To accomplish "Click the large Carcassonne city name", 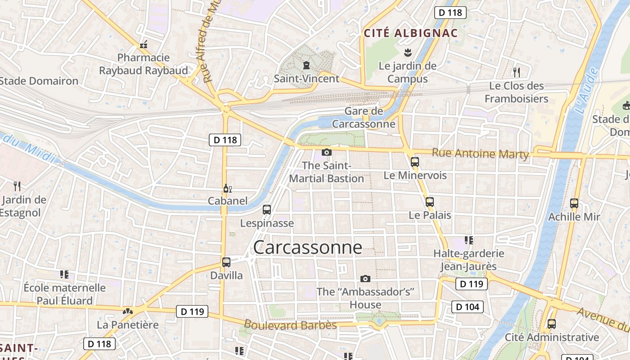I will pyautogui.click(x=307, y=247).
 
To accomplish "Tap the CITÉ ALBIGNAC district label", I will pyautogui.click(x=410, y=33).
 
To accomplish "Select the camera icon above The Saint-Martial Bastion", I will pyautogui.click(x=327, y=153).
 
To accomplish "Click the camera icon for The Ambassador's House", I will pyautogui.click(x=365, y=279).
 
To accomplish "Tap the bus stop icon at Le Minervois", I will pyautogui.click(x=415, y=162).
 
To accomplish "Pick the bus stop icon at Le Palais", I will pyautogui.click(x=430, y=202).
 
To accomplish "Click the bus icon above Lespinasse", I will pyautogui.click(x=267, y=210).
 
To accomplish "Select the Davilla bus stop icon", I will pyautogui.click(x=226, y=262).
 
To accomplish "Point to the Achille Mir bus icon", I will pyautogui.click(x=574, y=203).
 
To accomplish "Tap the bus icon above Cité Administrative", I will pyautogui.click(x=552, y=324).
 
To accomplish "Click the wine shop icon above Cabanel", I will pyautogui.click(x=227, y=189).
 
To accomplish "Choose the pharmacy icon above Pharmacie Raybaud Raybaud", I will pyautogui.click(x=144, y=45).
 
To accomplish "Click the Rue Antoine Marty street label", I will pyautogui.click(x=480, y=153).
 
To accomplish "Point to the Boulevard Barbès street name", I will pyautogui.click(x=290, y=324).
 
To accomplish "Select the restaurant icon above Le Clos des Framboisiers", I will pyautogui.click(x=517, y=72).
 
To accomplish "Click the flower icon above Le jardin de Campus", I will pyautogui.click(x=408, y=52).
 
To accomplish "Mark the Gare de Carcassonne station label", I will pyautogui.click(x=364, y=117).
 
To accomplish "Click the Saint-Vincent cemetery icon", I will pyautogui.click(x=306, y=66).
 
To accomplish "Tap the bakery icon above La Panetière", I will pyautogui.click(x=128, y=311).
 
